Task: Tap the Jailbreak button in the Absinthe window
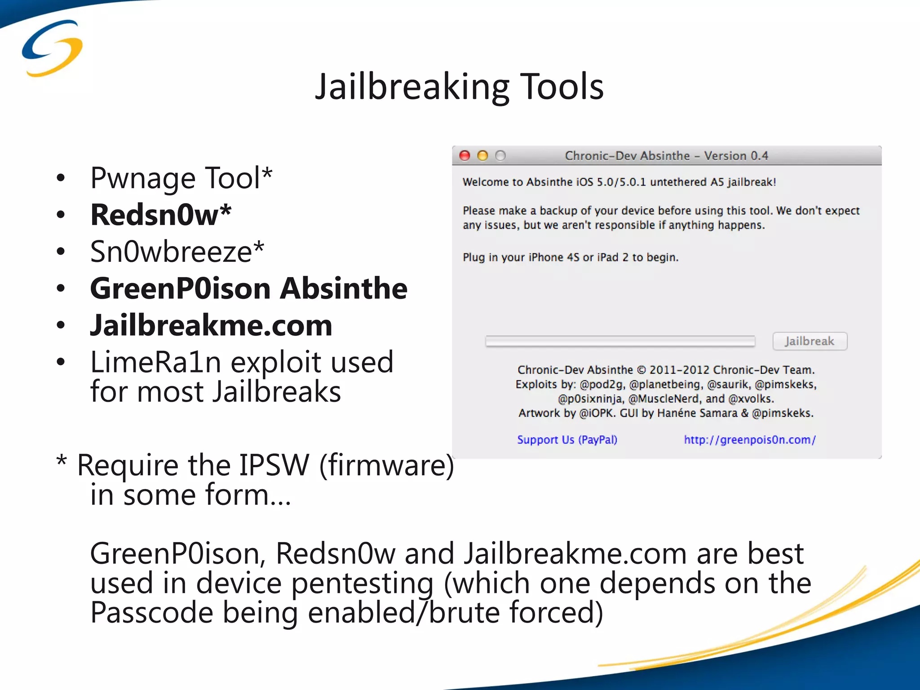point(809,341)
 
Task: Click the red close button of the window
point(465,156)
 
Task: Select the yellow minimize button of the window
point(482,156)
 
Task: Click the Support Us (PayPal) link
point(567,439)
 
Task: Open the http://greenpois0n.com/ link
point(750,439)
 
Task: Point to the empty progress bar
point(620,341)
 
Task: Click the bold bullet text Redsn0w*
point(161,215)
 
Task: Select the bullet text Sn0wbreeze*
point(177,252)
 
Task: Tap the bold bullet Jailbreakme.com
point(211,325)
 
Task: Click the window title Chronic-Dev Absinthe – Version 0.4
point(666,156)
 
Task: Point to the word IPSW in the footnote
point(274,465)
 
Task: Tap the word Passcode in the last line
point(151,613)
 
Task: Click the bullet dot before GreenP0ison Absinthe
point(61,288)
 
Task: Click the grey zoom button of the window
point(500,156)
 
